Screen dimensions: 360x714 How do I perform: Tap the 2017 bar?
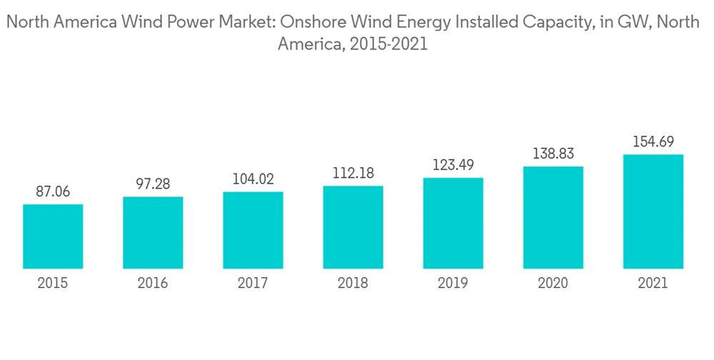click(253, 231)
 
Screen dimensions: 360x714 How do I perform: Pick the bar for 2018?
click(353, 228)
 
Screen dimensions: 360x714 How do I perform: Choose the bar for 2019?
click(453, 224)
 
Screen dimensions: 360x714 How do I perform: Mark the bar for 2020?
click(553, 218)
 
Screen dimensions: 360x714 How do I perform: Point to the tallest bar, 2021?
click(653, 212)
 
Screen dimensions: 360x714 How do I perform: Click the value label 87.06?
click(53, 191)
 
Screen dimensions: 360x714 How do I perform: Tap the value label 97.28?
click(153, 184)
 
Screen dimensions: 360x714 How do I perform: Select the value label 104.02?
click(253, 179)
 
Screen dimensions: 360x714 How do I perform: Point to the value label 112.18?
click(353, 174)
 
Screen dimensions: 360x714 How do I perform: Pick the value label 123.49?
click(453, 166)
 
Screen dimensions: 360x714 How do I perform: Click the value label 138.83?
click(553, 154)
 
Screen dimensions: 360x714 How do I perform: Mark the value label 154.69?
click(653, 142)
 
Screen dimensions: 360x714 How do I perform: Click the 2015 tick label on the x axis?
click(53, 284)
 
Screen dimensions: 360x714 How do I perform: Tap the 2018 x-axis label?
click(353, 284)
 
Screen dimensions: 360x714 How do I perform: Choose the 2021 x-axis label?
click(653, 284)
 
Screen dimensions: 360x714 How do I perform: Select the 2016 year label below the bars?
click(153, 284)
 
